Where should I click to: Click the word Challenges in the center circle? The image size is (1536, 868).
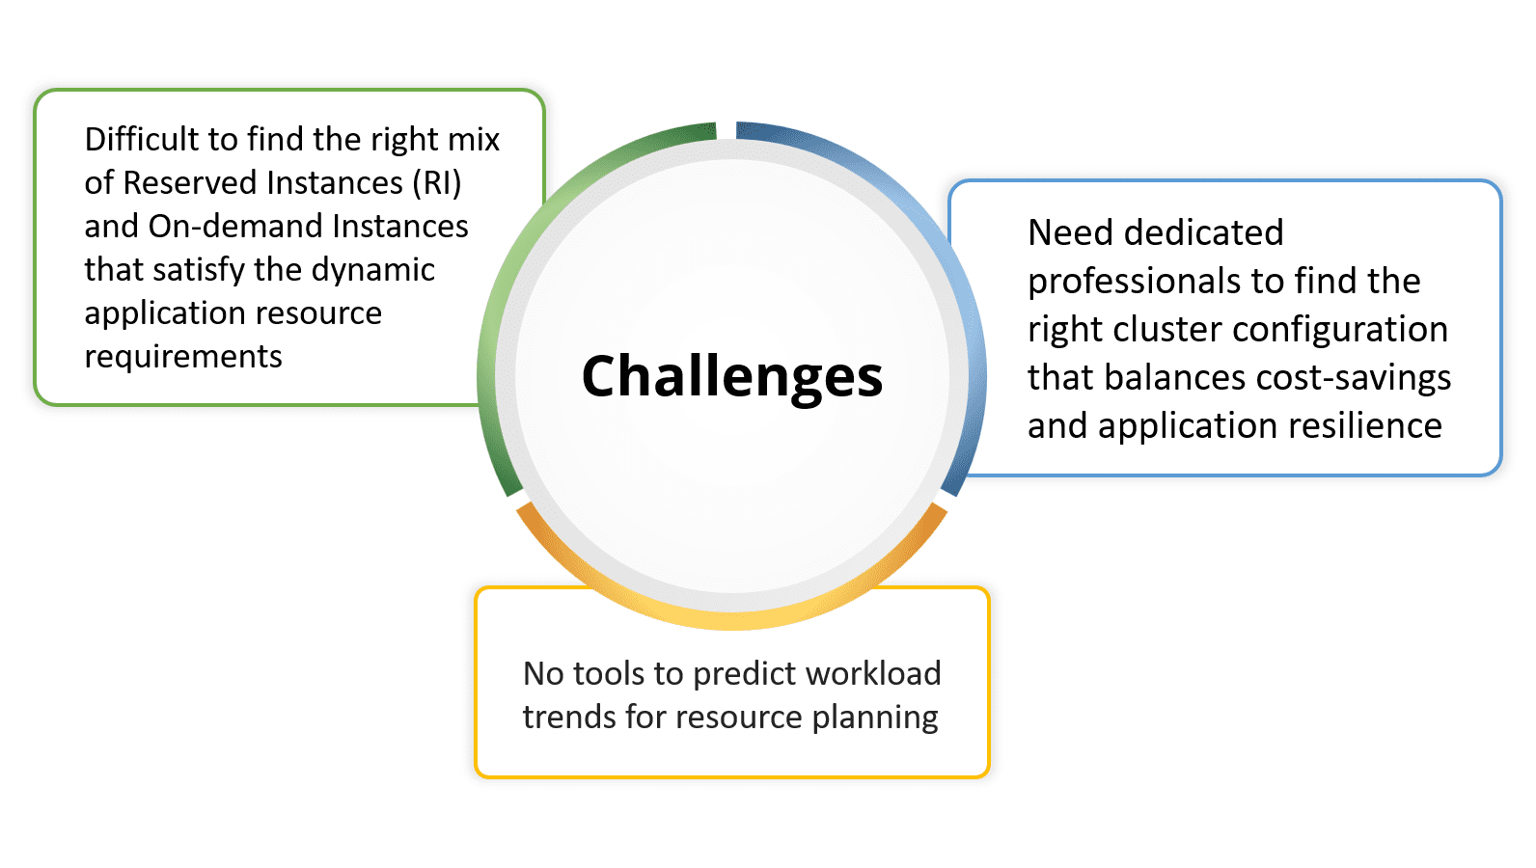[x=731, y=378]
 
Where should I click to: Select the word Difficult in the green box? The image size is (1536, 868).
[x=142, y=139]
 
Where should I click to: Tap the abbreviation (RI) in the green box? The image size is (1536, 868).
[x=437, y=183]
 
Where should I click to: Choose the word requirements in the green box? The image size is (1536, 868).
[x=183, y=357]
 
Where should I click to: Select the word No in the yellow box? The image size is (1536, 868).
[x=543, y=673]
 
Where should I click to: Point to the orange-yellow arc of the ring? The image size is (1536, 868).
[x=731, y=619]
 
